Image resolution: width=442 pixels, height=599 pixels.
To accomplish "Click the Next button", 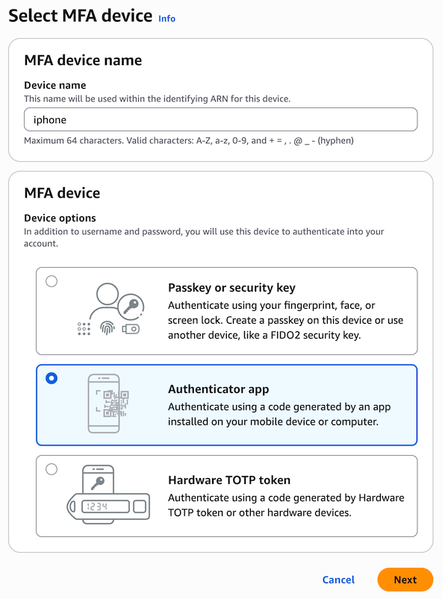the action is (405, 580).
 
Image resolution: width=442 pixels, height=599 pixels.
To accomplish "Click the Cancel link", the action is (338, 580).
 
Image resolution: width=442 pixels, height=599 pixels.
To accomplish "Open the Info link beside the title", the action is (166, 19).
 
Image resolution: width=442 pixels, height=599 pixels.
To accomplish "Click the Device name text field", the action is (220, 119).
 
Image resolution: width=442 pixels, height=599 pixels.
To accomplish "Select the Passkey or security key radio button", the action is (52, 281).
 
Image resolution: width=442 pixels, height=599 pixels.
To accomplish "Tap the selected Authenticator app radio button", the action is (52, 378).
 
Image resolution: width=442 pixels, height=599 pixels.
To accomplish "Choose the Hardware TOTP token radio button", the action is (52, 469).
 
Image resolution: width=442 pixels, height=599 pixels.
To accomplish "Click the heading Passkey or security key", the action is (231, 288).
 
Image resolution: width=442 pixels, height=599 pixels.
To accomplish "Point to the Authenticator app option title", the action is (218, 389).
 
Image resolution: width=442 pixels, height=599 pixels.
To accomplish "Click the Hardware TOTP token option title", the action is (229, 480).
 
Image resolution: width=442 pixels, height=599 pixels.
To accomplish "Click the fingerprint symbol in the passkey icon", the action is (108, 328).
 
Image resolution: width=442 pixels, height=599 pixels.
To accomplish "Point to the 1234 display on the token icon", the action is (105, 507).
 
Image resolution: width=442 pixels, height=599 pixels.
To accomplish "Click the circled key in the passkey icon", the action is (131, 306).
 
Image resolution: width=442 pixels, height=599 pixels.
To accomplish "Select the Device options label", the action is (60, 218).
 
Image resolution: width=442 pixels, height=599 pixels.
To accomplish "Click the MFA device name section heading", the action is (83, 60).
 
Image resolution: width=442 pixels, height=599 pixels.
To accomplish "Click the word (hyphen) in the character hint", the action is (336, 140).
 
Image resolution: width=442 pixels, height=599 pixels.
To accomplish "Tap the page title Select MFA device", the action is (81, 16).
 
